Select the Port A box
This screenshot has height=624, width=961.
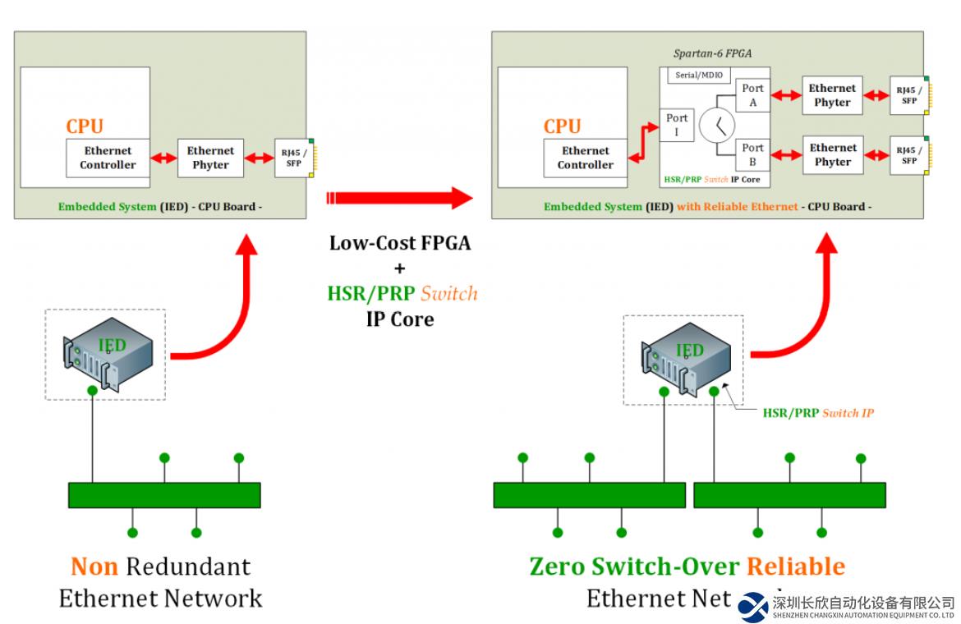click(752, 96)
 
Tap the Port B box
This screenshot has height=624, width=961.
click(752, 155)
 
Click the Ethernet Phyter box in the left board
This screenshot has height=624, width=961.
click(210, 158)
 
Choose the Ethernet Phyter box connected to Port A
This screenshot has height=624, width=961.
click(832, 95)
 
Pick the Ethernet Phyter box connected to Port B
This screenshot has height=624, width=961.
click(833, 155)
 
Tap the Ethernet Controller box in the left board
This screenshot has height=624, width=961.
click(108, 158)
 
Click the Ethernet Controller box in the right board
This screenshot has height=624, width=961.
click(586, 158)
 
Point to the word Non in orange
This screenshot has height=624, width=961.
click(94, 567)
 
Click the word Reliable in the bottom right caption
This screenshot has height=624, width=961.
click(795, 567)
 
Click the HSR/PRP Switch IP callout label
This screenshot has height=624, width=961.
click(818, 413)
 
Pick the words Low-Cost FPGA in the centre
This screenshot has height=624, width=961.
click(400, 244)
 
